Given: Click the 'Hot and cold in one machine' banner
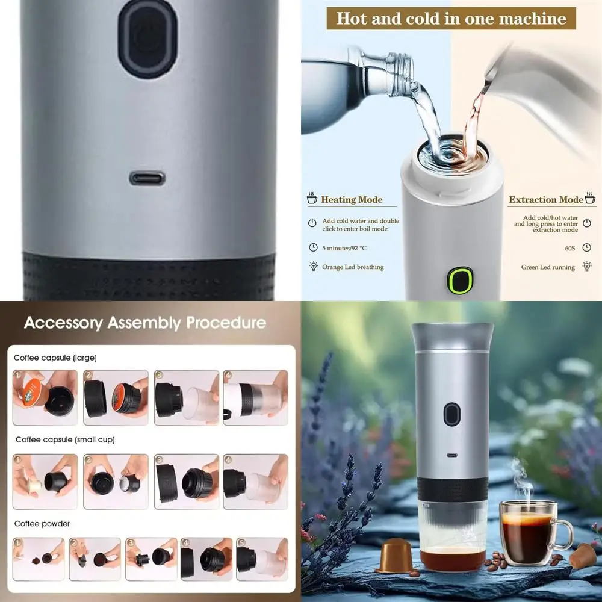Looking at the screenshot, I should pyautogui.click(x=451, y=19).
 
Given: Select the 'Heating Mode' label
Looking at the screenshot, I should pyautogui.click(x=352, y=200).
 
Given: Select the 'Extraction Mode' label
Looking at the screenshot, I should pyautogui.click(x=545, y=200).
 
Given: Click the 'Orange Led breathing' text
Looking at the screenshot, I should pyautogui.click(x=353, y=267).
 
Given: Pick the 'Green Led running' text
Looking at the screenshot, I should pyautogui.click(x=548, y=267).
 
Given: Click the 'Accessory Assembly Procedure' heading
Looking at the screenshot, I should pyautogui.click(x=145, y=323).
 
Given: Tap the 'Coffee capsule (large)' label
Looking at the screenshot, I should pyautogui.click(x=55, y=358).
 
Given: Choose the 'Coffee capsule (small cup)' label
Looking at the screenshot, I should pyautogui.click(x=65, y=439).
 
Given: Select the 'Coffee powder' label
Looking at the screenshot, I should pyautogui.click(x=42, y=523).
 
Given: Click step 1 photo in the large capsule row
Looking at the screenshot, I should pyautogui.click(x=45, y=397).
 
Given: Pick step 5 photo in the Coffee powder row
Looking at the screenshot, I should pyautogui.click(x=262, y=559).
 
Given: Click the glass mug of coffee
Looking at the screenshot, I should pyautogui.click(x=530, y=533).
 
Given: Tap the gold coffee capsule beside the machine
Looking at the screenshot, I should pyautogui.click(x=395, y=555).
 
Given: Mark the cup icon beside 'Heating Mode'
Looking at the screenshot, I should pyautogui.click(x=312, y=199).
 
